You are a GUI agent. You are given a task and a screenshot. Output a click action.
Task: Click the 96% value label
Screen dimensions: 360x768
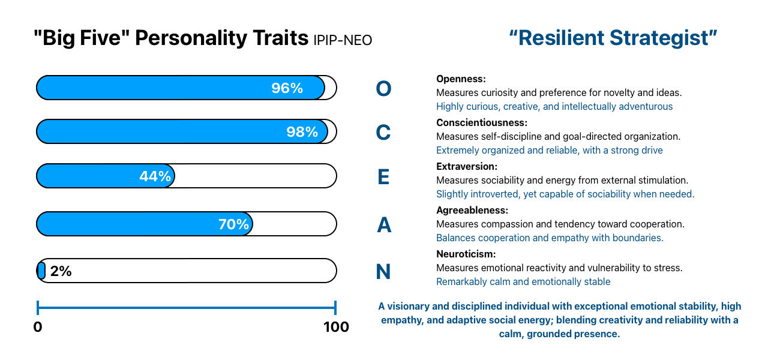click(x=287, y=88)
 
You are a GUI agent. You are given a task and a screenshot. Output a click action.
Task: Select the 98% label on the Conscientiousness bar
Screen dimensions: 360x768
click(x=302, y=132)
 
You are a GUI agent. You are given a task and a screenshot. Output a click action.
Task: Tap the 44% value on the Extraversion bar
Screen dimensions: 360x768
click(x=155, y=176)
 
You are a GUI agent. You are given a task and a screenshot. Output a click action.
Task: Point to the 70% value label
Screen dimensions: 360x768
click(x=233, y=224)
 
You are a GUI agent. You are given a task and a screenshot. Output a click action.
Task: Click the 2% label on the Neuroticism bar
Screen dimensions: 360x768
click(x=61, y=271)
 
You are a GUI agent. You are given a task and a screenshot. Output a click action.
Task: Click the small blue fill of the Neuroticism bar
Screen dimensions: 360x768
click(x=41, y=271)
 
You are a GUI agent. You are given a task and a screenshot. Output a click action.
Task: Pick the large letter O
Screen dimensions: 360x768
click(x=383, y=89)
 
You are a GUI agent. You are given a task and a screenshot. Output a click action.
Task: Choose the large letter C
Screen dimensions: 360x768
click(x=383, y=133)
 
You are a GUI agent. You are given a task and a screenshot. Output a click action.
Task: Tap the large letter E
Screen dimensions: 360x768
click(x=383, y=177)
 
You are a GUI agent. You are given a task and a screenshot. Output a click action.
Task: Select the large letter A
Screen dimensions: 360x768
click(x=383, y=225)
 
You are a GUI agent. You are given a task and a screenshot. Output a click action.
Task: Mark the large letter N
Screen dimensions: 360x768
click(x=383, y=272)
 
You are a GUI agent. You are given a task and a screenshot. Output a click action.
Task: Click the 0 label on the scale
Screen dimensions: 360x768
click(x=38, y=327)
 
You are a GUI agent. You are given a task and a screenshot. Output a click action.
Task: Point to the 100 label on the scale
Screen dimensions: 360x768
click(x=336, y=327)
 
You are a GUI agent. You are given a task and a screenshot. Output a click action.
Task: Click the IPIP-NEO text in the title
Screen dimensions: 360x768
click(x=343, y=40)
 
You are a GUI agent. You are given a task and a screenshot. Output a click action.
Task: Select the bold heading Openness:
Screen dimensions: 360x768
click(x=461, y=79)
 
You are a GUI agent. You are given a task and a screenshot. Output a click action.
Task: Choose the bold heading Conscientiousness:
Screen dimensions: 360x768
click(x=482, y=122)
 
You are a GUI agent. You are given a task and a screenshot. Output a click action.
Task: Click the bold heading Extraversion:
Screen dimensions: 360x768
click(x=467, y=166)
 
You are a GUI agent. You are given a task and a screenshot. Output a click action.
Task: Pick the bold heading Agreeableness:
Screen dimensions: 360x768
click(x=472, y=210)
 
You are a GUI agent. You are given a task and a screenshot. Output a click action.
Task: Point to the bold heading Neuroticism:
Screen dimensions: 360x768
click(x=466, y=254)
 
